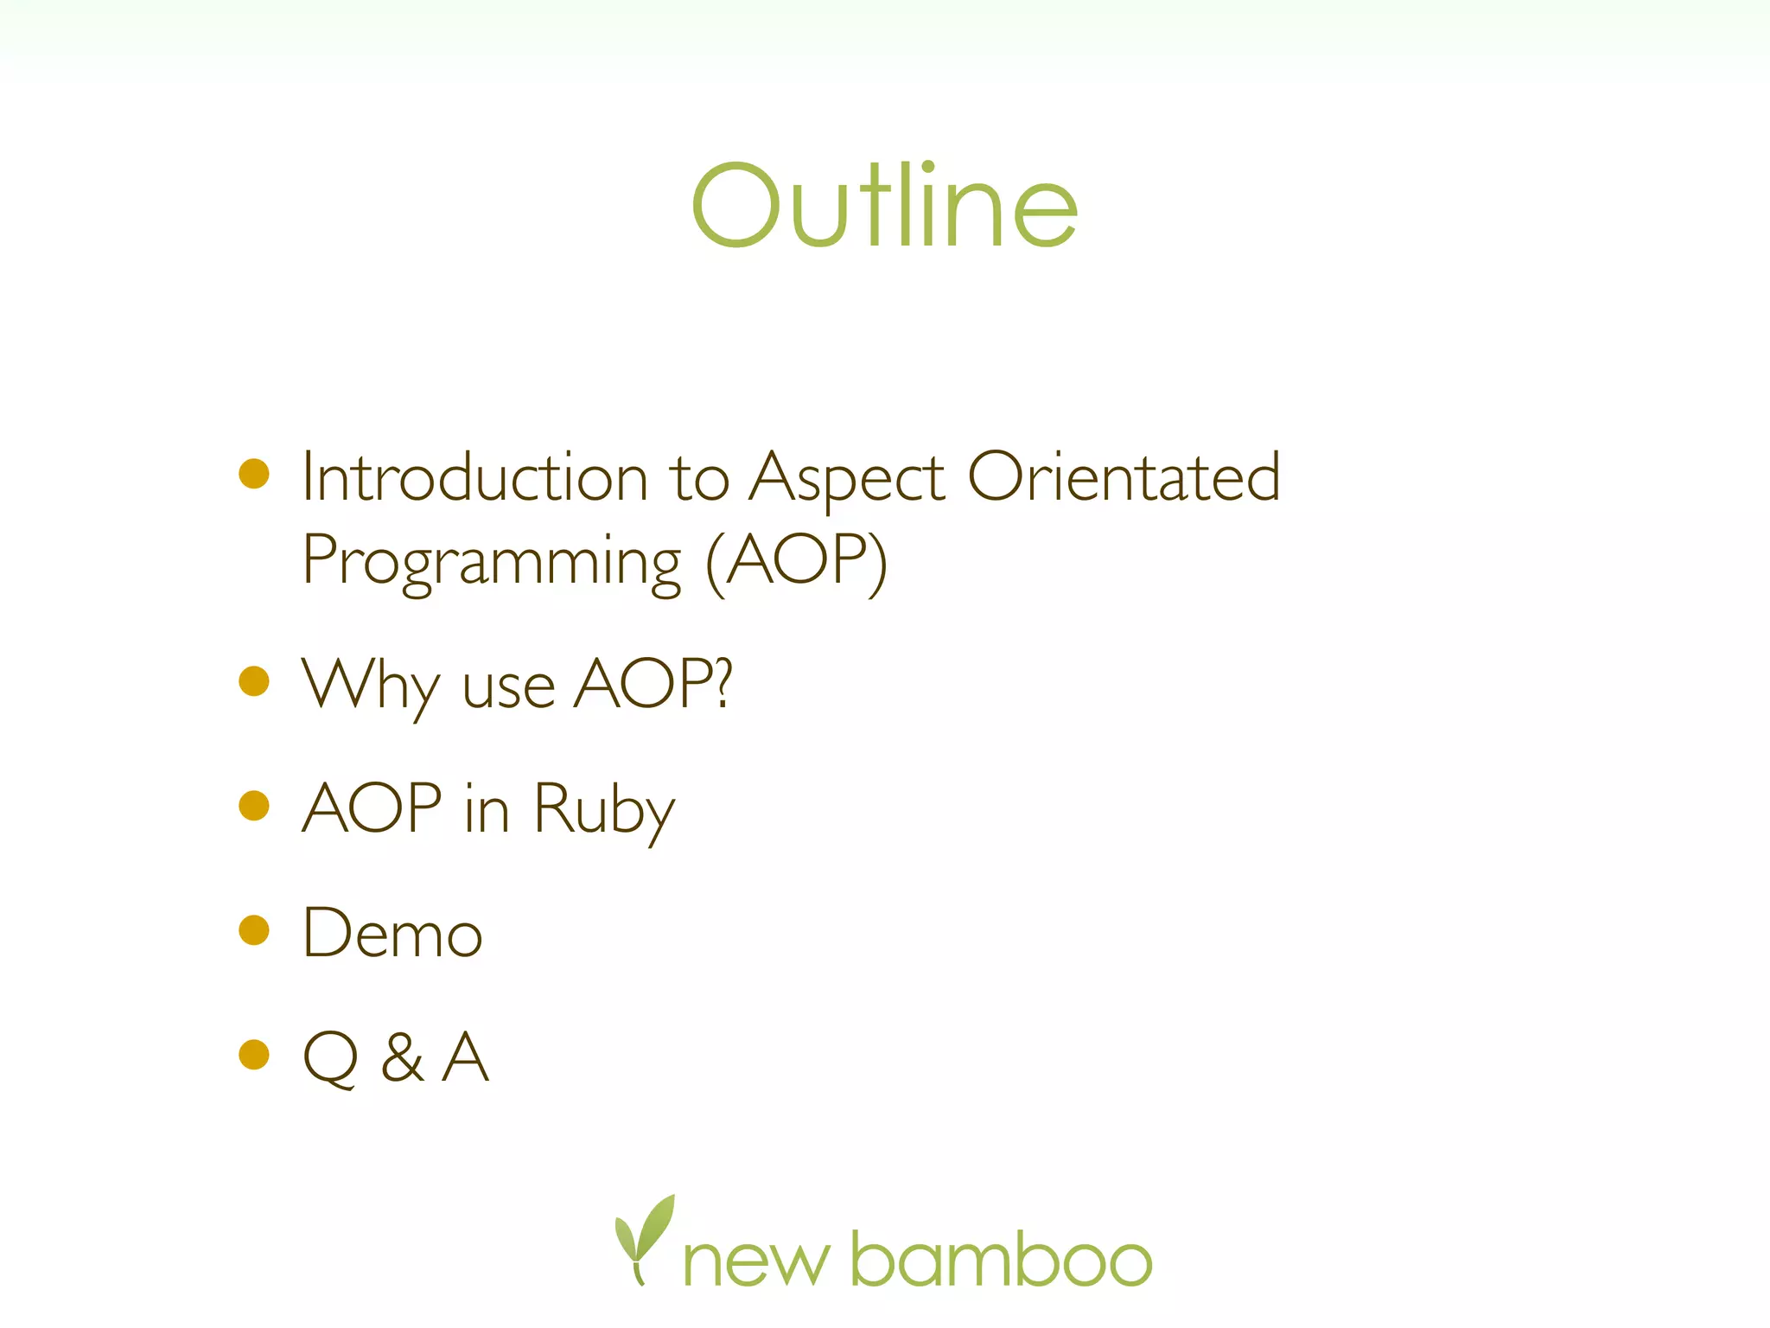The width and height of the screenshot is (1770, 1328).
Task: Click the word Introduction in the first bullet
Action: [x=474, y=477]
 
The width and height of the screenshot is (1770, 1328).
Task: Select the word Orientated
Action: [x=1124, y=477]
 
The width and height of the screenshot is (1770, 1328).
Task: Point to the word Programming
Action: [x=492, y=562]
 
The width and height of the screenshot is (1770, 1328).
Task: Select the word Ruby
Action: [x=604, y=810]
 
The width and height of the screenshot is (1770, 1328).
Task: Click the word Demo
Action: [x=392, y=934]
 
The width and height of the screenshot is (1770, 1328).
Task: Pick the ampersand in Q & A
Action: [x=403, y=1058]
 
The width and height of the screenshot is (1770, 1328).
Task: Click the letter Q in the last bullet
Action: [x=330, y=1058]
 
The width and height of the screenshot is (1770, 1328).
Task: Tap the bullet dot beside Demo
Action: [x=254, y=930]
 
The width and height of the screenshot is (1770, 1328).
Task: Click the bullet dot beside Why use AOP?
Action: [x=254, y=681]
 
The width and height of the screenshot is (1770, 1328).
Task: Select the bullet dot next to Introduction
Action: [x=254, y=474]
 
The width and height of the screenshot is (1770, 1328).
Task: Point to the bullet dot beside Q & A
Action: [x=254, y=1055]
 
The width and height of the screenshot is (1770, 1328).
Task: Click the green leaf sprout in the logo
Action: [x=644, y=1236]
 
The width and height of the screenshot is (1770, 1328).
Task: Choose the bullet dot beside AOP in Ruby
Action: [x=254, y=806]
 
